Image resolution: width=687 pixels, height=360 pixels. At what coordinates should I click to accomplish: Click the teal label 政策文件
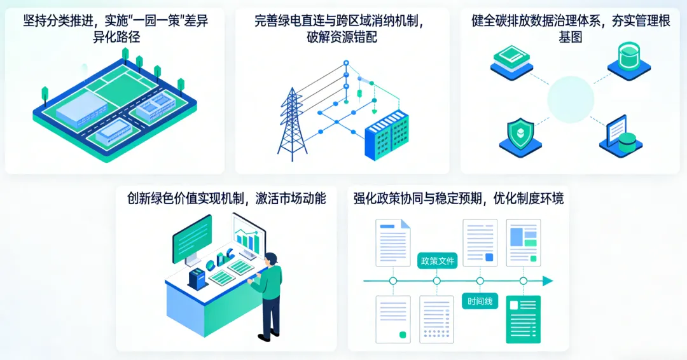coord(437,261)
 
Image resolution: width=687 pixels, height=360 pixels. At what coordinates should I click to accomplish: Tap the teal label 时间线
coord(480,301)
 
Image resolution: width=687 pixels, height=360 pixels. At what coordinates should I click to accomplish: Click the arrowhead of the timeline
coord(547,281)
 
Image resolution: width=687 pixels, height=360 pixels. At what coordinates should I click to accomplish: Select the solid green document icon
coord(523,319)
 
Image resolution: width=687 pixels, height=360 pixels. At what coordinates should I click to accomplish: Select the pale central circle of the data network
coord(571,99)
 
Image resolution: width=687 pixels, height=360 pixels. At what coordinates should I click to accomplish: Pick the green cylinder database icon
coord(628,56)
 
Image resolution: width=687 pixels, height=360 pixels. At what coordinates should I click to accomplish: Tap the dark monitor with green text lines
coord(192,239)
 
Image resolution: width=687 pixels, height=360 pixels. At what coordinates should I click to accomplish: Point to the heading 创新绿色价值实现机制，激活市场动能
coord(226,198)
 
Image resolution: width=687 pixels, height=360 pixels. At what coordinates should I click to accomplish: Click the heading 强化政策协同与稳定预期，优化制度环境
coord(458,198)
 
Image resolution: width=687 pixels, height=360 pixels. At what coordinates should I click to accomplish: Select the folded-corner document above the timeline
coord(393,242)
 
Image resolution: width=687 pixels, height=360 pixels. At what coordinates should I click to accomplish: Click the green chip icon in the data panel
coord(511,58)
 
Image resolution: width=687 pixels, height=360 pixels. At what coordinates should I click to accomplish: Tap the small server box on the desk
coord(197,277)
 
